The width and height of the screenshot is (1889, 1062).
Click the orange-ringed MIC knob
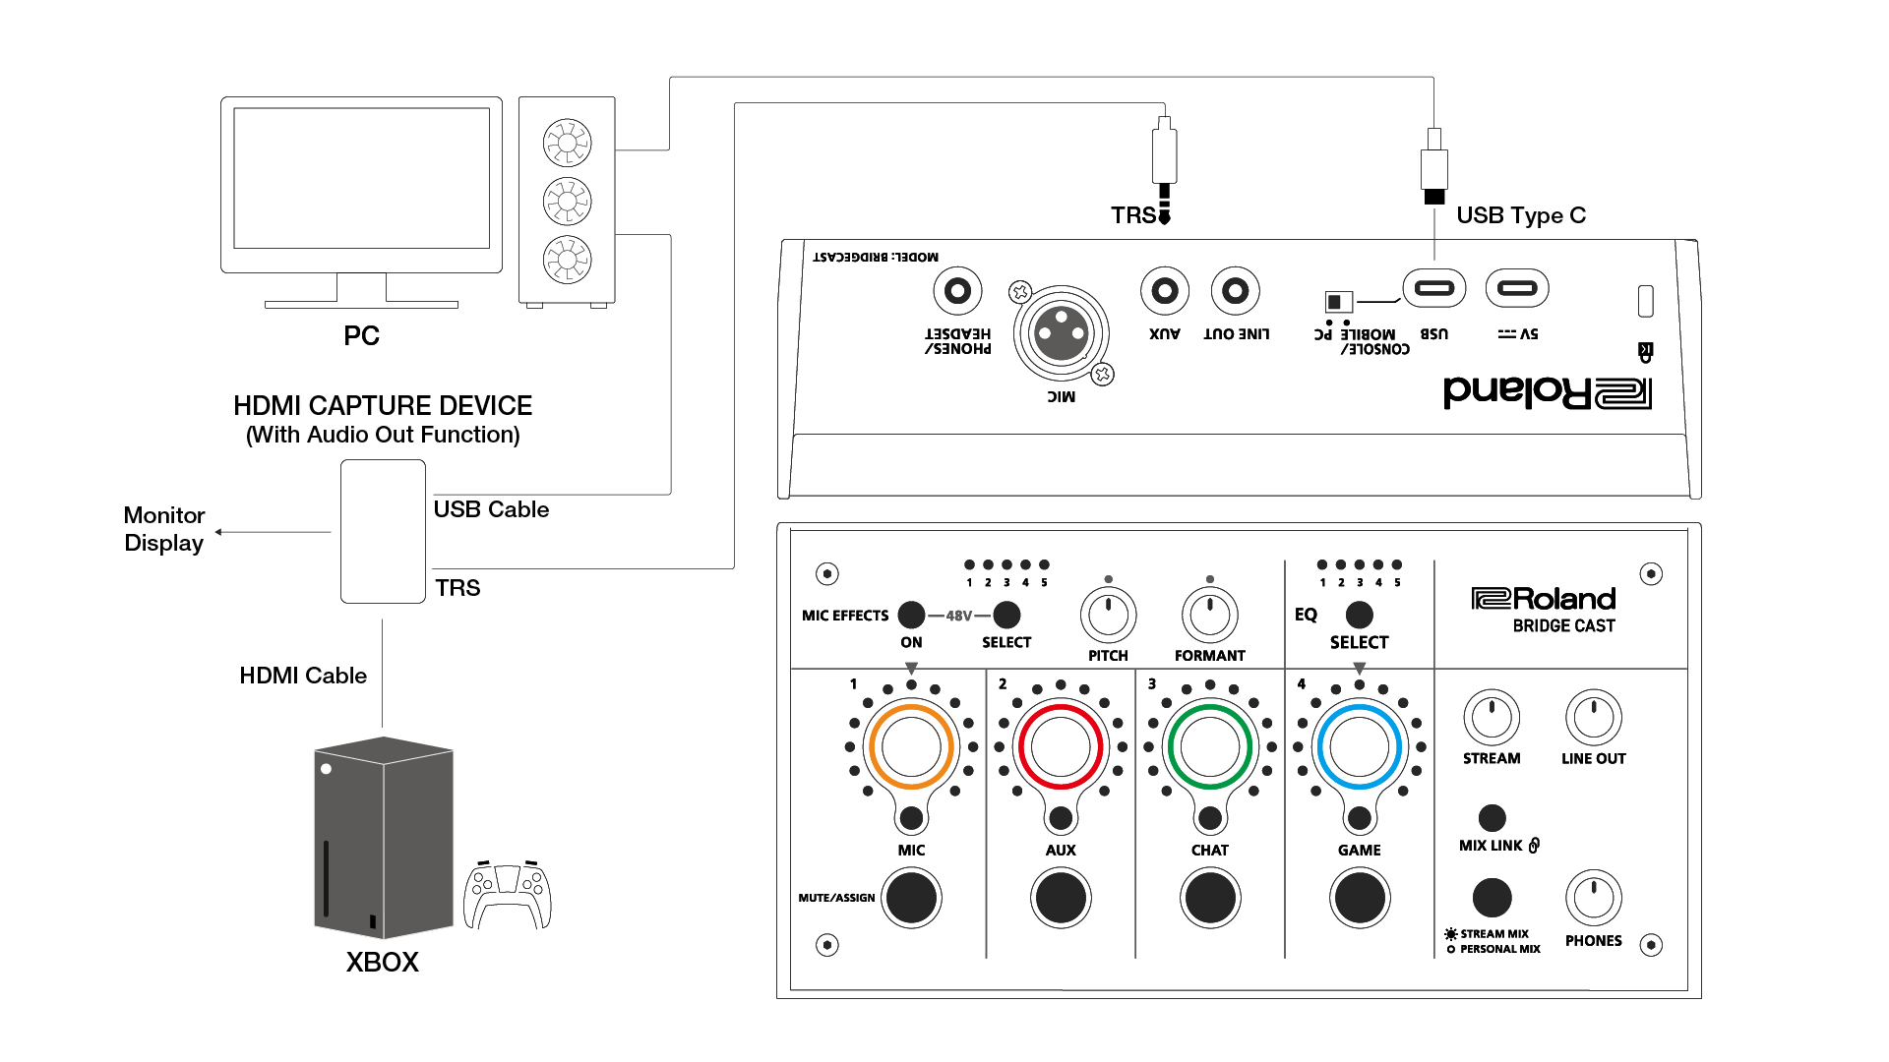[x=911, y=746]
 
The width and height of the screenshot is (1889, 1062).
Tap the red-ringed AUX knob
[x=1061, y=746]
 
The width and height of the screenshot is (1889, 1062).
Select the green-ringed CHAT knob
[x=1210, y=746]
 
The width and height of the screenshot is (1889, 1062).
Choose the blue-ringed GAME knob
[x=1359, y=746]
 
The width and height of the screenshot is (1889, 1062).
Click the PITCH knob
[x=1109, y=616]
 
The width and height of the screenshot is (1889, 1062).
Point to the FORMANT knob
[x=1210, y=616]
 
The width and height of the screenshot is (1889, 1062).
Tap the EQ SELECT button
[x=1359, y=615]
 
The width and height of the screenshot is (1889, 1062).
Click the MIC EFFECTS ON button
[x=911, y=615]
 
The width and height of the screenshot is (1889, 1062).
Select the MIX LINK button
[x=1492, y=817]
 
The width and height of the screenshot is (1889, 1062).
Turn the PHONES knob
[x=1593, y=897]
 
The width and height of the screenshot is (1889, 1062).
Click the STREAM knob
[x=1492, y=717]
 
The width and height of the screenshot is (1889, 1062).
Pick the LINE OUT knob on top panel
[x=1593, y=717]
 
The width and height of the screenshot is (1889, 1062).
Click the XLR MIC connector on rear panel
[x=1062, y=333]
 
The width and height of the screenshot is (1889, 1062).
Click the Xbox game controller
[x=507, y=895]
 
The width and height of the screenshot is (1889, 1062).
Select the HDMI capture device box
[x=383, y=531]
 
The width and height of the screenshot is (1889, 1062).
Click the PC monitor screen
[x=361, y=178]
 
